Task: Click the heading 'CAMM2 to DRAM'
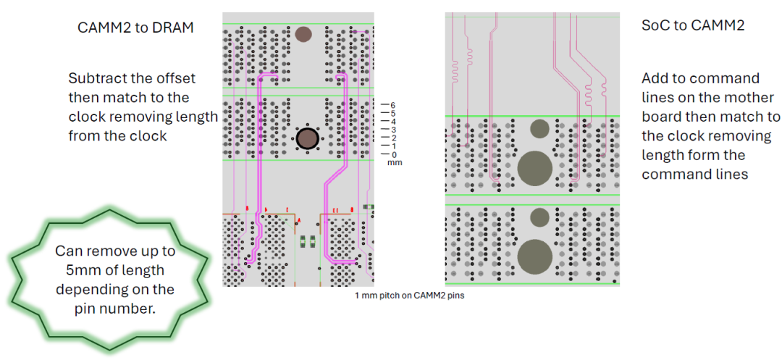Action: pos(135,28)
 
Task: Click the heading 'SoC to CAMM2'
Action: pos(693,25)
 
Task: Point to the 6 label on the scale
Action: pos(393,106)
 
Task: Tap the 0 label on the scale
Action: pos(393,154)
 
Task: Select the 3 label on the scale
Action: pos(393,130)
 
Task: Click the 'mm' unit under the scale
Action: pos(395,163)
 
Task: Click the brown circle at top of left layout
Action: pos(303,33)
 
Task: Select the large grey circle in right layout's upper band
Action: pos(535,168)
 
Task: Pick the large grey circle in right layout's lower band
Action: pos(535,256)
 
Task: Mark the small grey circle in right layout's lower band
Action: pos(539,217)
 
